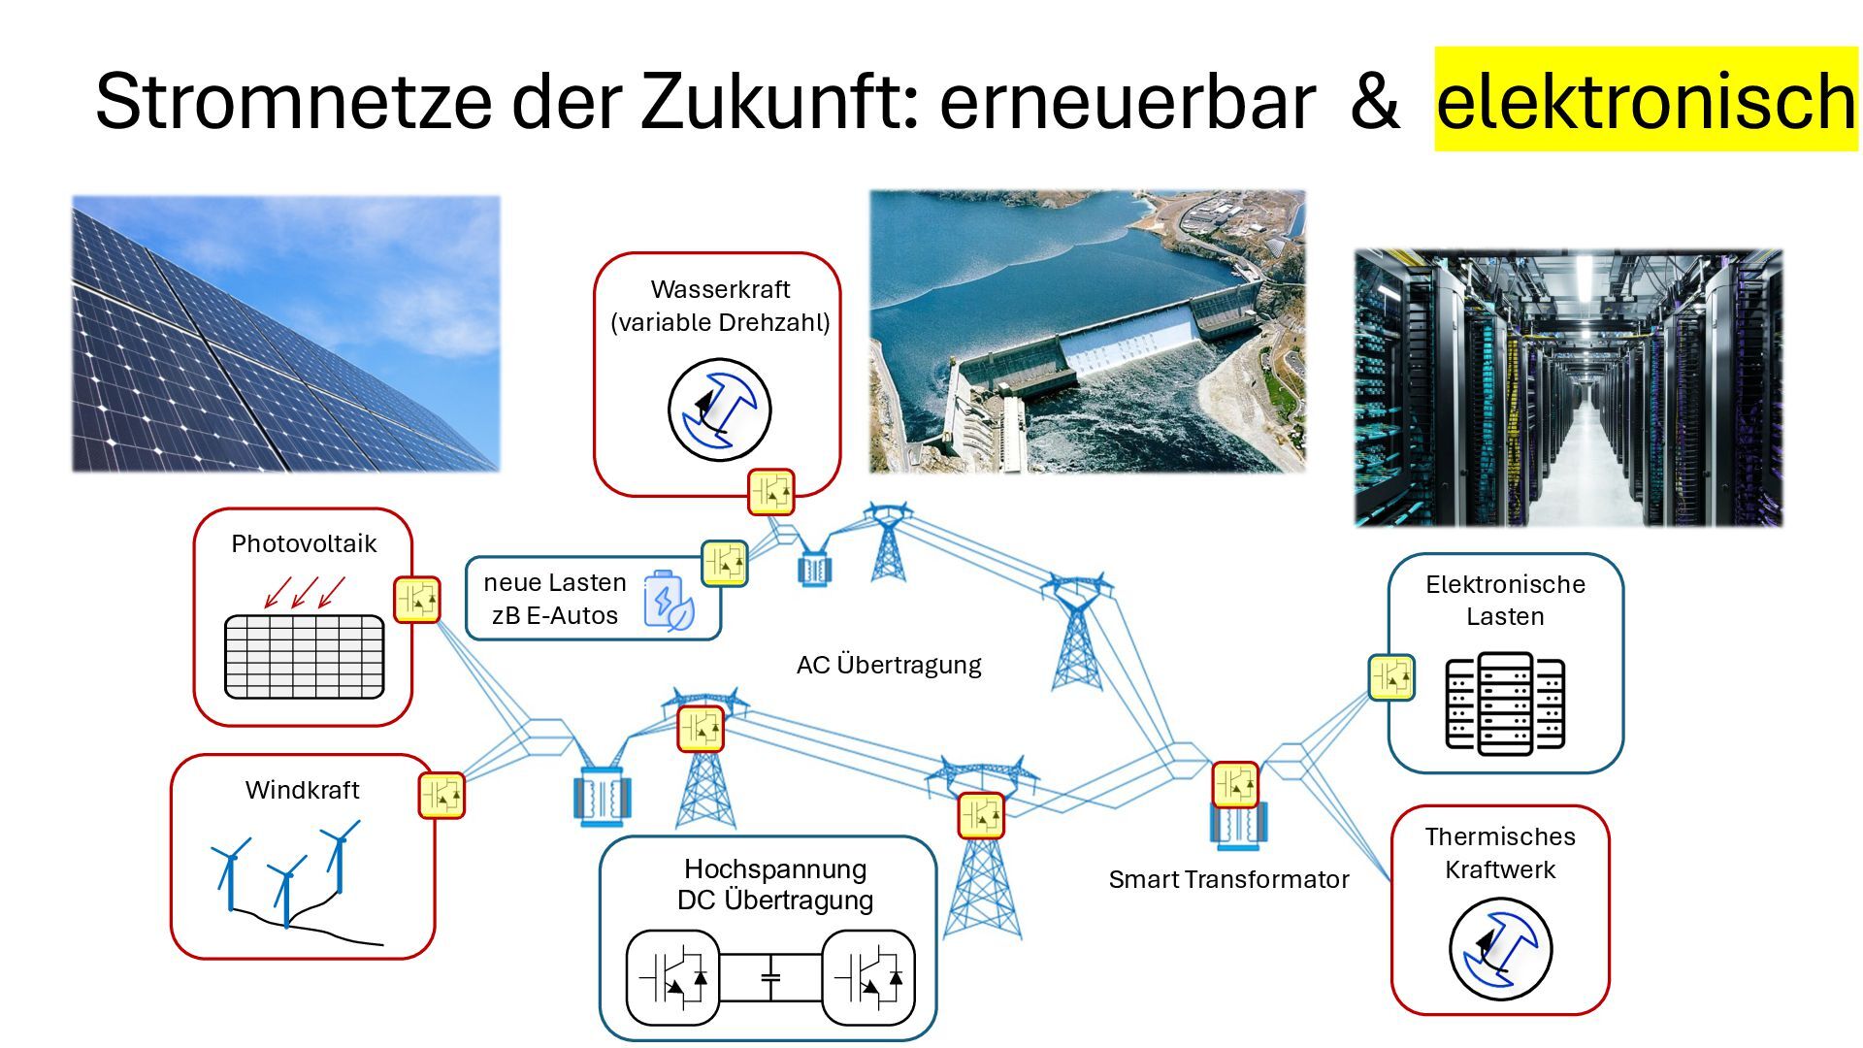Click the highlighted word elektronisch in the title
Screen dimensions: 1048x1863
(x=1645, y=100)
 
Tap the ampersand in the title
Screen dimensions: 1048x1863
(x=1374, y=101)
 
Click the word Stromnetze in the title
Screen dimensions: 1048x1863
(x=293, y=101)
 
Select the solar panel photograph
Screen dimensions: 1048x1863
(x=286, y=334)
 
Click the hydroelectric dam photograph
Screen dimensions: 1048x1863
(x=1087, y=332)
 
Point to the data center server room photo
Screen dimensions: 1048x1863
(x=1568, y=388)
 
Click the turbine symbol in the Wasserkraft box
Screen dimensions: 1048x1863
(x=719, y=409)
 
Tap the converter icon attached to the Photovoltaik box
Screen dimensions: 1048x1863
(x=417, y=600)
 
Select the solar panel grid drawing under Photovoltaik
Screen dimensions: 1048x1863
(x=304, y=656)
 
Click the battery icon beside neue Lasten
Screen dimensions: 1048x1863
(x=669, y=602)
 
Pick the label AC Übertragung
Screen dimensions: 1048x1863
(x=889, y=665)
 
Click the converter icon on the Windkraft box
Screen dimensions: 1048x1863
(x=441, y=795)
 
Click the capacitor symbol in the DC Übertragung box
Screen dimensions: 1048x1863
(x=770, y=978)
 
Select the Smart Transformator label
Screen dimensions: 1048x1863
(x=1228, y=879)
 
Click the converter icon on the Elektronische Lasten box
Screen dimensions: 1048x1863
(x=1391, y=677)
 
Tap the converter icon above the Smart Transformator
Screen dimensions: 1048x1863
(x=1235, y=785)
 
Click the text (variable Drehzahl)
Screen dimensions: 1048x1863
(x=720, y=322)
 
